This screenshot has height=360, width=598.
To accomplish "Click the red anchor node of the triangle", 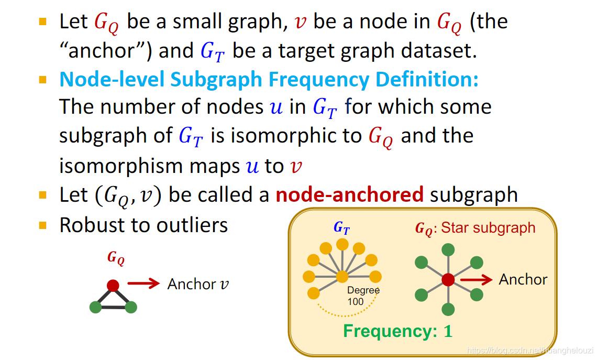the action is pyautogui.click(x=113, y=285).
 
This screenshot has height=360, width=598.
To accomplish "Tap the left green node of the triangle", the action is pyautogui.click(x=95, y=307).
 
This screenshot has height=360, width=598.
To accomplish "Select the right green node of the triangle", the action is pyautogui.click(x=131, y=307).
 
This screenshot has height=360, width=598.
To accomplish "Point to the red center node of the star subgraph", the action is pyautogui.click(x=448, y=279).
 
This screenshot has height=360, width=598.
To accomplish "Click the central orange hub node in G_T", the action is pyautogui.click(x=342, y=276).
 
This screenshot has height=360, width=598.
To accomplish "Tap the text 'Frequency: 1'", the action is pyautogui.click(x=397, y=331).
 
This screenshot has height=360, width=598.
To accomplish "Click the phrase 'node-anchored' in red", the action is pyautogui.click(x=349, y=195).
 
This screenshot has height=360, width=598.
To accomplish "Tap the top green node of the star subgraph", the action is pyautogui.click(x=448, y=250).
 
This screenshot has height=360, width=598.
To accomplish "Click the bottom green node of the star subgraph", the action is pyautogui.click(x=448, y=309).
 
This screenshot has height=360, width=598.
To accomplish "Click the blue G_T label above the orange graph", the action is pyautogui.click(x=341, y=228).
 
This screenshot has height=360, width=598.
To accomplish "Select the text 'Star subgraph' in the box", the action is pyautogui.click(x=488, y=228).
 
